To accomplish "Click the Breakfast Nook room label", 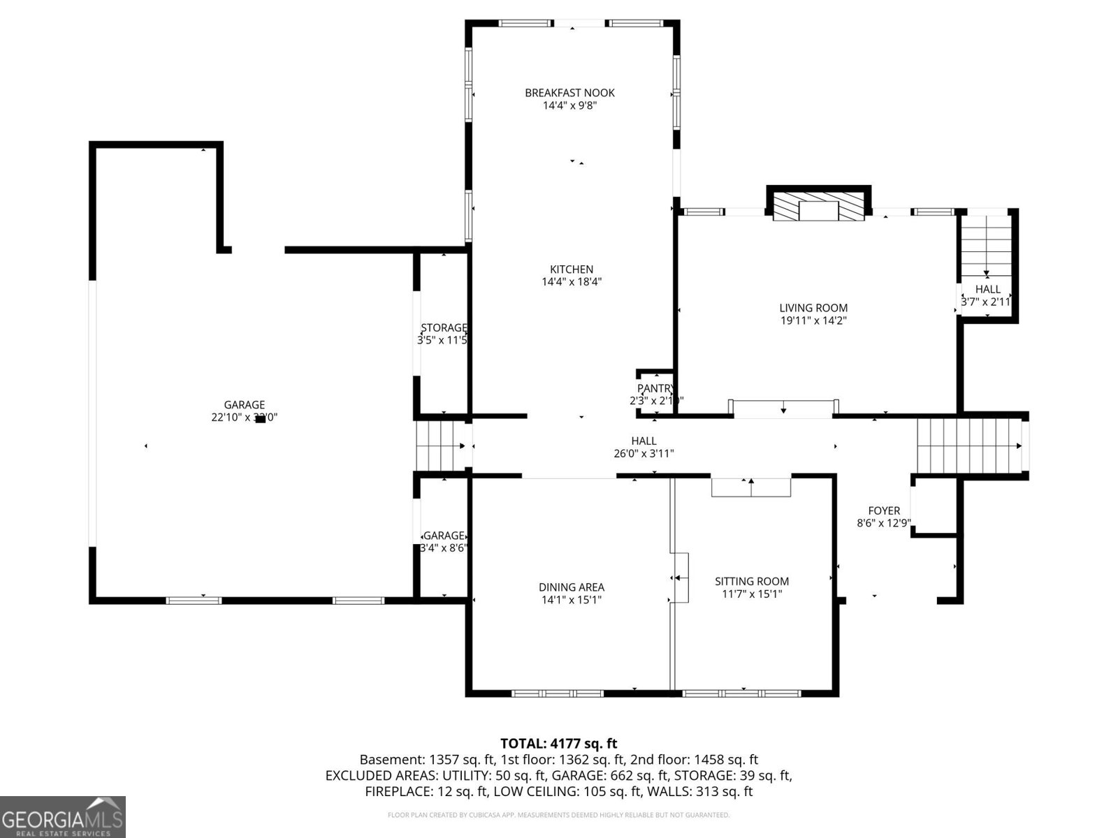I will point(569,93).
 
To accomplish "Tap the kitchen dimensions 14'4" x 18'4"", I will point(572,282).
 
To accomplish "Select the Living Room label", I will point(813,308).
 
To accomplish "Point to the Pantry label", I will point(655,389).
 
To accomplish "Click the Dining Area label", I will point(571,587).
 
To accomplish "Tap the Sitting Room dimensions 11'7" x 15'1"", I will point(752,594).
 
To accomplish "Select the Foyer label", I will point(884,510).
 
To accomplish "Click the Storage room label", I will point(444,328).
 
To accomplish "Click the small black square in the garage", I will point(260,419).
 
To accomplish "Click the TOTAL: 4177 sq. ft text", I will point(558,744).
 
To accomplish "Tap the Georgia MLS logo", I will point(63,816).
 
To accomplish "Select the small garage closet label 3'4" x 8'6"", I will point(444,548).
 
